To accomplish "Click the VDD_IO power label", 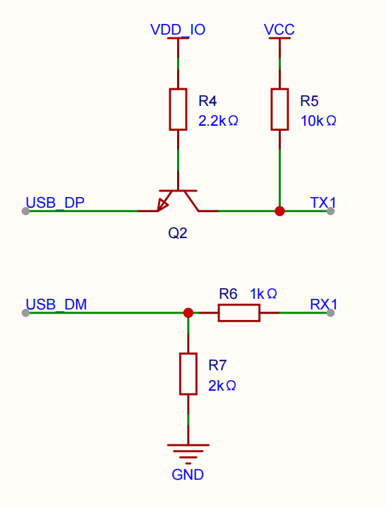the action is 178,30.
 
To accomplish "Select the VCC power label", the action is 279,30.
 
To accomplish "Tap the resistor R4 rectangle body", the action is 178,110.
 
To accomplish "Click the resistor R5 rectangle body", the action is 279,110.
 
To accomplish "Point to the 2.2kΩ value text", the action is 218,121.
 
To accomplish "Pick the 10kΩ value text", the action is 318,121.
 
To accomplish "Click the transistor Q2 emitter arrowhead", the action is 163,205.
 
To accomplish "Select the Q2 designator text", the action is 178,233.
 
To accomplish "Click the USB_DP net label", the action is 55,203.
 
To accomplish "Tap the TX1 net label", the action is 323,203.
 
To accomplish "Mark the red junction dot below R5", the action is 279,211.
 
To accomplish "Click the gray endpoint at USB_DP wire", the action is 25,211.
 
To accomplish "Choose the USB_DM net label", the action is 56,305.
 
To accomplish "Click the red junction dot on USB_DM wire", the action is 188,313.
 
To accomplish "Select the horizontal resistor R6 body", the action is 239,313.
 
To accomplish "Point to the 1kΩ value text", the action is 263,294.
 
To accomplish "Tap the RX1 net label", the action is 324,305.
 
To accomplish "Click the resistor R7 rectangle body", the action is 188,374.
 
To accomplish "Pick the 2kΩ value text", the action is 222,386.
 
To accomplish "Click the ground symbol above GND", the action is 188,454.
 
